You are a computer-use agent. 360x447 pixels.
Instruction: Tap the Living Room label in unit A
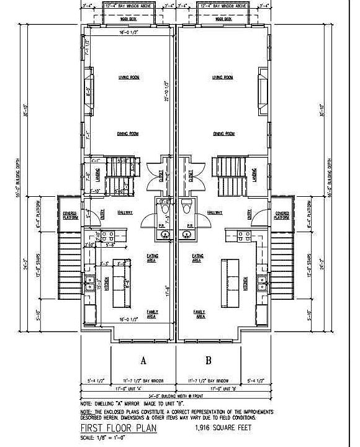click(x=129, y=78)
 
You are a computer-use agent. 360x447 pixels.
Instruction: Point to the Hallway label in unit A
click(x=126, y=212)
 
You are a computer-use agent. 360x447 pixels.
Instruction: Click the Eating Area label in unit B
click(x=199, y=258)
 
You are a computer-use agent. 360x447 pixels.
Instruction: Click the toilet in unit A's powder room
click(x=164, y=209)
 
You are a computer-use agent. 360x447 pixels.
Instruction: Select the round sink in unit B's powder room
click(x=187, y=234)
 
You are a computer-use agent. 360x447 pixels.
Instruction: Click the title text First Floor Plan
click(x=118, y=428)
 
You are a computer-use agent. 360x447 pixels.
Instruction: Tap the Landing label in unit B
click(x=256, y=178)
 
